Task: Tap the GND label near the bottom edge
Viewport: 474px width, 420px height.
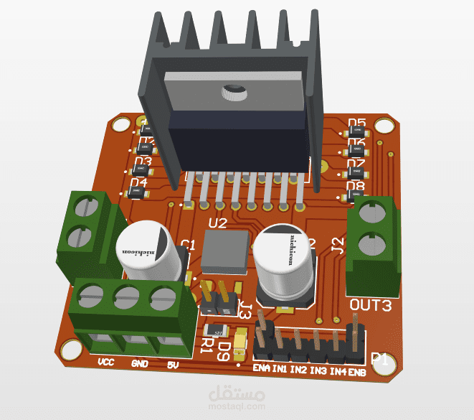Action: [x=139, y=364]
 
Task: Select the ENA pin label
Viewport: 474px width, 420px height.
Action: [x=261, y=370]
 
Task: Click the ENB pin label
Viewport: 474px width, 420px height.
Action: [x=357, y=372]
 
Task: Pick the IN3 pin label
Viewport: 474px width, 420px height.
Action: [x=318, y=371]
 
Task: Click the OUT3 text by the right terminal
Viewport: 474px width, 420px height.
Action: [x=370, y=306]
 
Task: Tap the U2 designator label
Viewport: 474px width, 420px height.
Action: [x=217, y=223]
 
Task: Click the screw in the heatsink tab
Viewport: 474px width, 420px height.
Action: [x=233, y=92]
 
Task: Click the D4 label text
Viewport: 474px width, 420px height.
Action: [x=138, y=183]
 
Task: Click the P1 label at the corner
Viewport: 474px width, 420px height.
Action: [x=380, y=360]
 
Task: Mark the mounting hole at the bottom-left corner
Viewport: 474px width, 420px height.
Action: [x=71, y=350]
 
